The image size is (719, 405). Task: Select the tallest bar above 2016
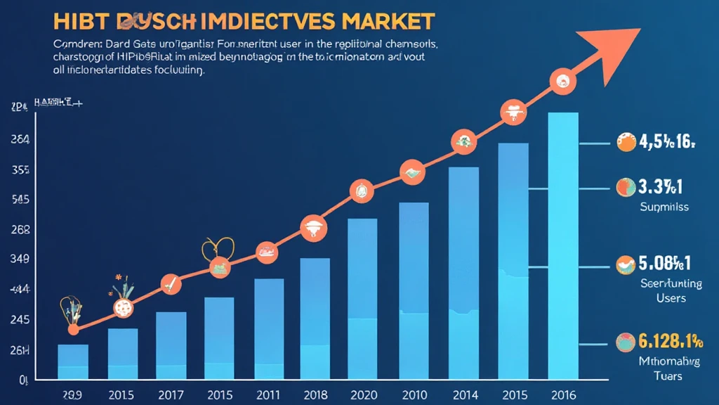click(x=559, y=246)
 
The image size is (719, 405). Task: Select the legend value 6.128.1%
click(x=670, y=342)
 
